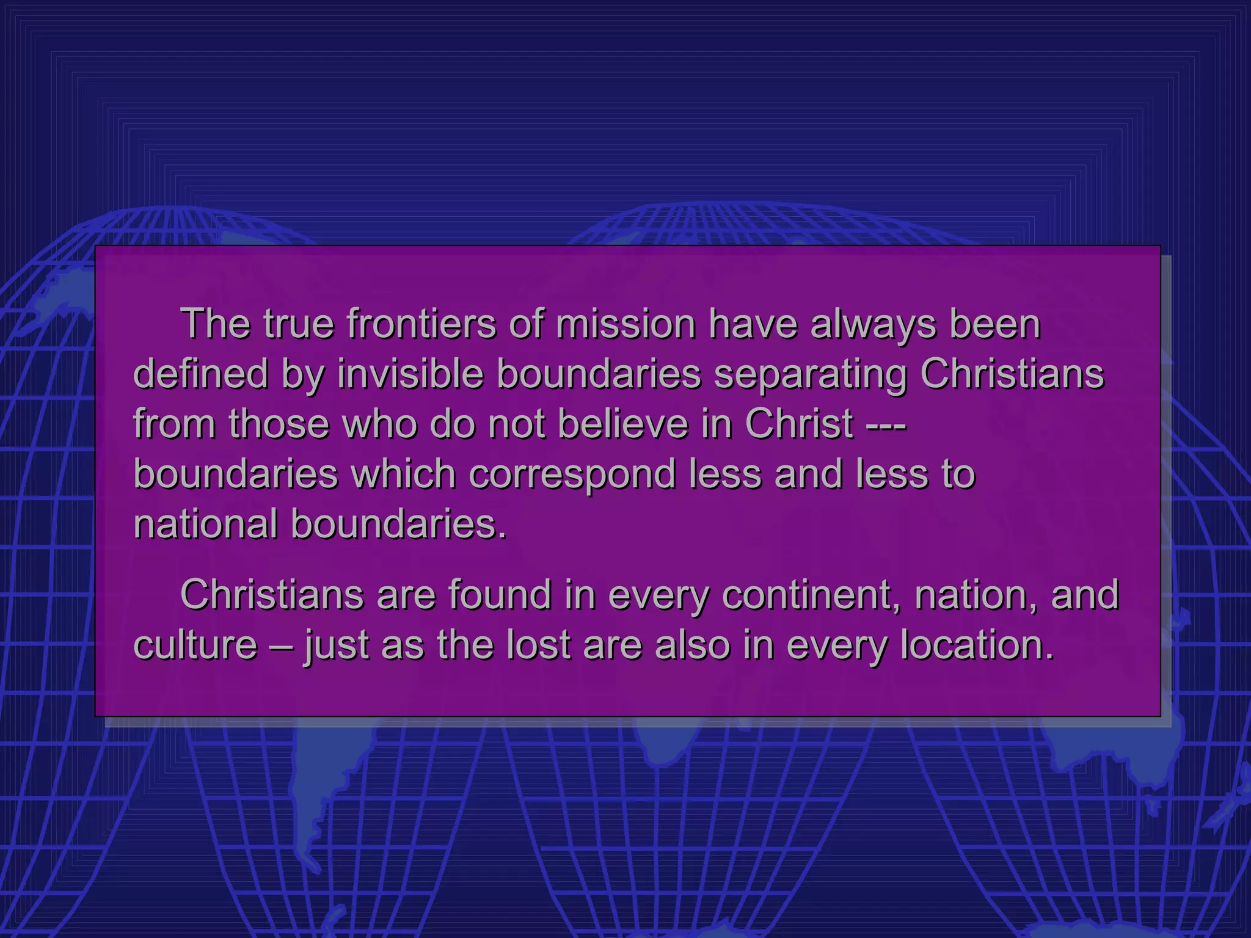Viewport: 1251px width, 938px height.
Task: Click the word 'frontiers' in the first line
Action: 421,324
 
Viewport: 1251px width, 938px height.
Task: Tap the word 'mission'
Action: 625,324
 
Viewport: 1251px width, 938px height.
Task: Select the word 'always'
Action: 873,324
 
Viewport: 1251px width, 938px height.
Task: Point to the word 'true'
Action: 299,324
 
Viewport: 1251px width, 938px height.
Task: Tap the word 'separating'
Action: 811,375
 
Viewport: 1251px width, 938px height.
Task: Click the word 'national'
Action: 205,524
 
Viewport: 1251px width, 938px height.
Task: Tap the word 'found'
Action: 500,595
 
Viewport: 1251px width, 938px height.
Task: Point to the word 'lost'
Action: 538,645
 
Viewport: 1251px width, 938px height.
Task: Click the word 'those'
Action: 279,424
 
